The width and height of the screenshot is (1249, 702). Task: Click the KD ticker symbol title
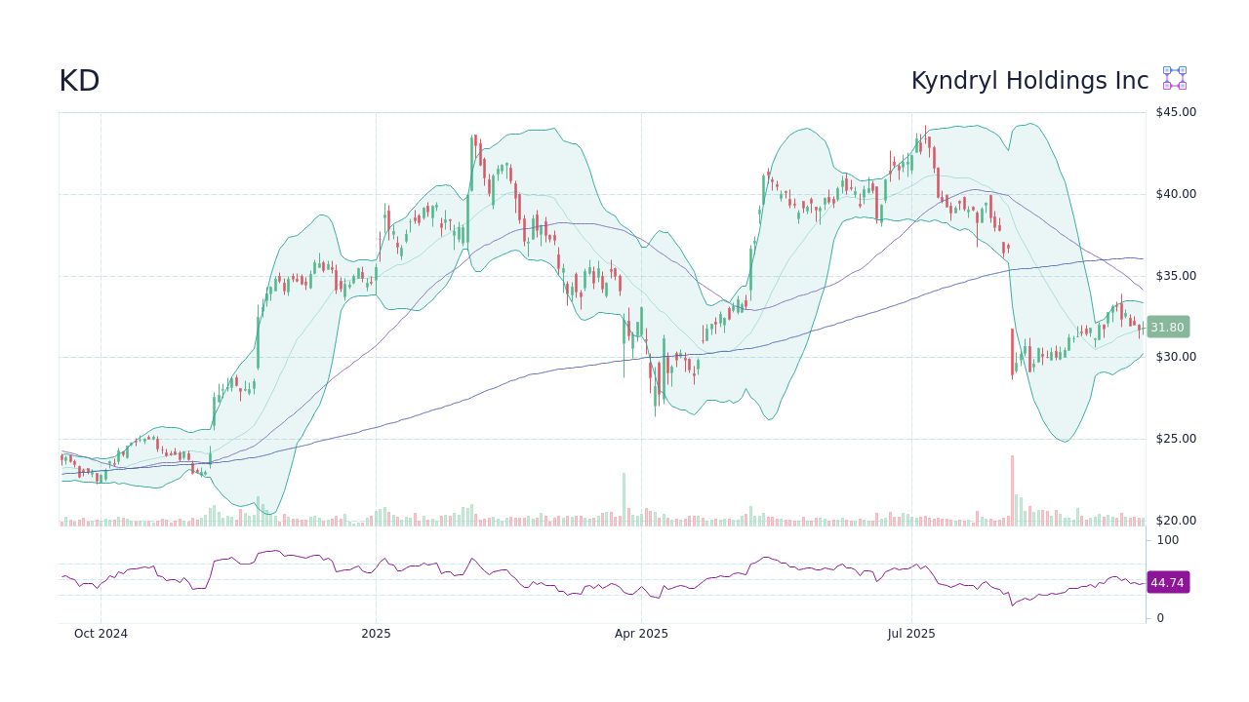coord(79,81)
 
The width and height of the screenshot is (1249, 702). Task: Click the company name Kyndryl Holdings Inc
coord(1029,81)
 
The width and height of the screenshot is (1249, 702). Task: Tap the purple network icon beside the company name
coord(1174,78)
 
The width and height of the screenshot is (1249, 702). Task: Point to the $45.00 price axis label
coord(1175,112)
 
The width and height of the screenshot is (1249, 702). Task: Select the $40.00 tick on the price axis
coord(1175,194)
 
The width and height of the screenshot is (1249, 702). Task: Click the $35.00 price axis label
coord(1175,276)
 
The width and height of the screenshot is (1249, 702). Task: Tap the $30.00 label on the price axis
coord(1175,357)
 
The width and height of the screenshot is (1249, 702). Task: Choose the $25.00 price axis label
coord(1175,439)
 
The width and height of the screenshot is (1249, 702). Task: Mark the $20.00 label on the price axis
coord(1175,521)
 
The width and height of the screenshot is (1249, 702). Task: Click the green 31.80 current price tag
coord(1167,328)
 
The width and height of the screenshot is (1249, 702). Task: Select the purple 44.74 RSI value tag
coord(1167,583)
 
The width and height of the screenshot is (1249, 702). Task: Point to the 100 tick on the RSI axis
coord(1168,540)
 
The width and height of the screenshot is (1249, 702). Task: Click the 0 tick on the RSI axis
coord(1160,618)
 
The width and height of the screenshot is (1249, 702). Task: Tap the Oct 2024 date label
coord(101,634)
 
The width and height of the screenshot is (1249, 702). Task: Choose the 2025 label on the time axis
coord(376,634)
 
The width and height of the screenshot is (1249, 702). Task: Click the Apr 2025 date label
coord(641,634)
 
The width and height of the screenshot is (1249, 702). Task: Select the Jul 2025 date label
coord(911,634)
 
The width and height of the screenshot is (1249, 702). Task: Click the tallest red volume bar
coord(1012,490)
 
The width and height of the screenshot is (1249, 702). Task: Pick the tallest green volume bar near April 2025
coord(624,499)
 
